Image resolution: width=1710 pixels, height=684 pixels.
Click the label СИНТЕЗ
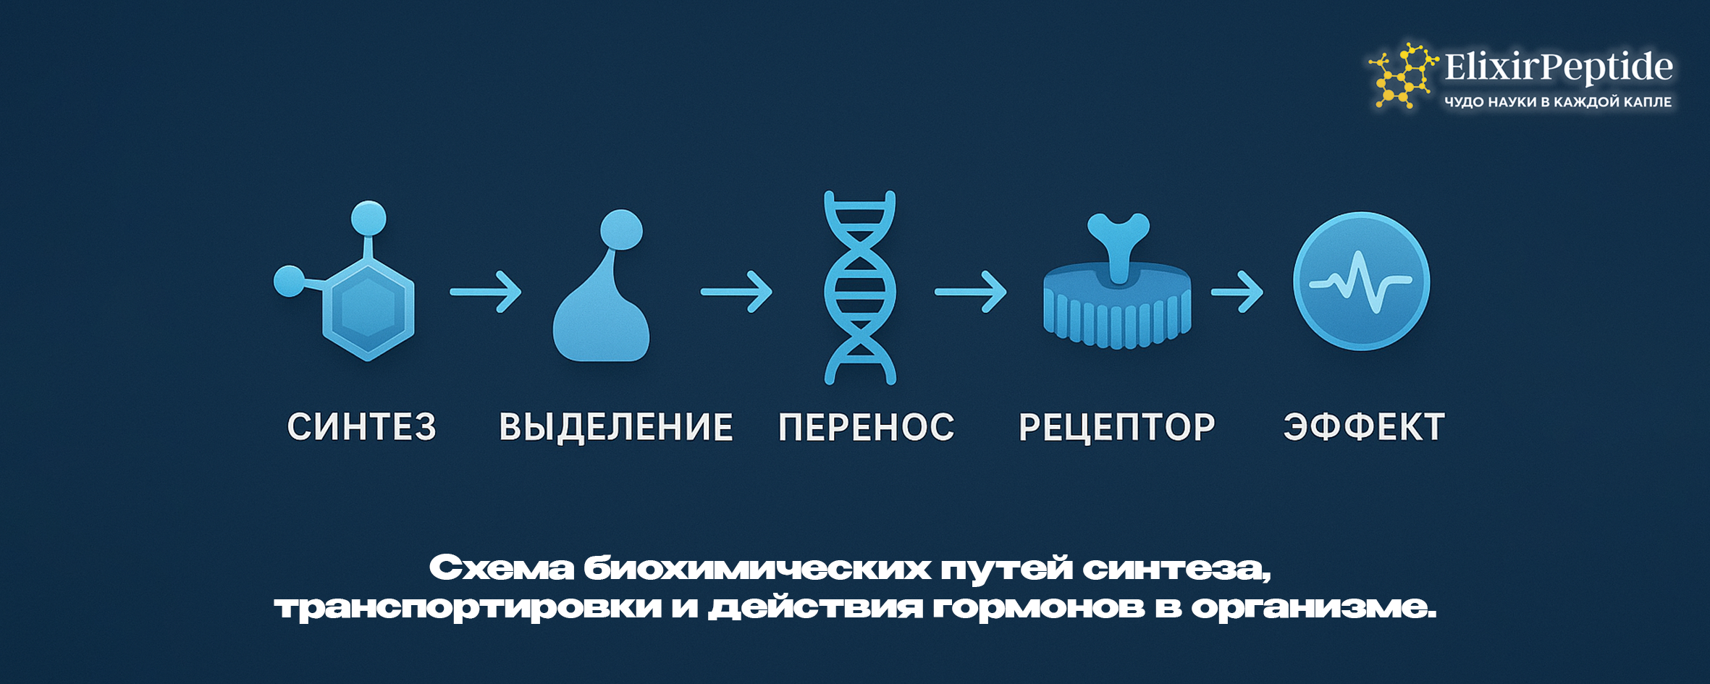pos(362,426)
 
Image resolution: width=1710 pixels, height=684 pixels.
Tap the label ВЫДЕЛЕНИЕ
pos(616,427)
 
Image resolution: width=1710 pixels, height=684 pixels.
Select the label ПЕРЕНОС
pos(867,427)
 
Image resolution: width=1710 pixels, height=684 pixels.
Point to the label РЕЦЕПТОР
pos(1117,427)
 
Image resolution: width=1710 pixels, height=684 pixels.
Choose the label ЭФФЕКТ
pos(1364,427)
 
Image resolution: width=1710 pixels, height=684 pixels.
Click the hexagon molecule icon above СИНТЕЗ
pos(368,308)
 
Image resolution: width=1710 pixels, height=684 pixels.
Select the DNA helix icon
pos(860,287)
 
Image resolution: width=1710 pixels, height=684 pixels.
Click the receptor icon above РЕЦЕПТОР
pos(1118,297)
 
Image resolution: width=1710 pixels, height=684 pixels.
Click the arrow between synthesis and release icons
pos(485,292)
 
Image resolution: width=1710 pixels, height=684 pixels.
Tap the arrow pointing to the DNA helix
pos(736,292)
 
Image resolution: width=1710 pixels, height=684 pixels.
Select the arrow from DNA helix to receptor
pos(970,292)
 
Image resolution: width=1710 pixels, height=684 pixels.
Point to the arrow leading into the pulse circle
pos(1237,292)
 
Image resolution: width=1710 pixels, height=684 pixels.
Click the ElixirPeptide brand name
pos(1558,67)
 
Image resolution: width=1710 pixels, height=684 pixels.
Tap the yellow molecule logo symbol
pos(1402,76)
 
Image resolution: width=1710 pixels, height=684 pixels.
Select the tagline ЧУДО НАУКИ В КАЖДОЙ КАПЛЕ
pos(1558,102)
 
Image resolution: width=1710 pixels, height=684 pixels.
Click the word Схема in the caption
pos(501,568)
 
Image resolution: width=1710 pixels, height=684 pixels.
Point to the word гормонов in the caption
pos(1038,607)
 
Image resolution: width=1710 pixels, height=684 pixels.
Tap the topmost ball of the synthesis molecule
pos(368,218)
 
